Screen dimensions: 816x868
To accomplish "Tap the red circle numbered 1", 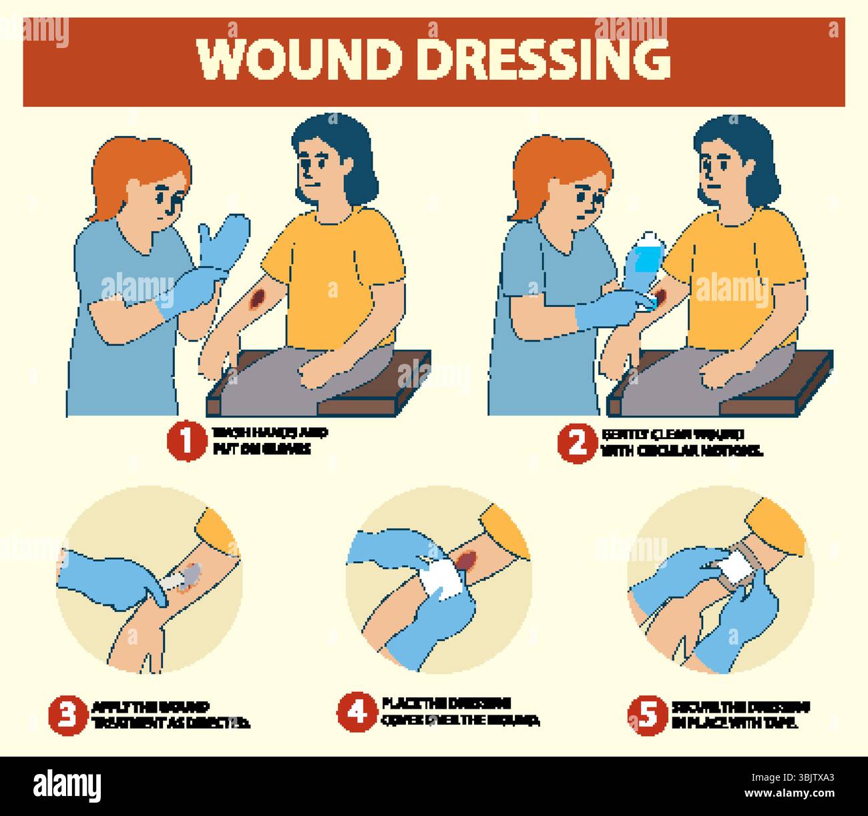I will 186,442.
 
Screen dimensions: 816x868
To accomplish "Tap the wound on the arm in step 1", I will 258,300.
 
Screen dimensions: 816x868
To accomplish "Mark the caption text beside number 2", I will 681,442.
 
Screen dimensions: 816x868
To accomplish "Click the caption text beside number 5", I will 741,715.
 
